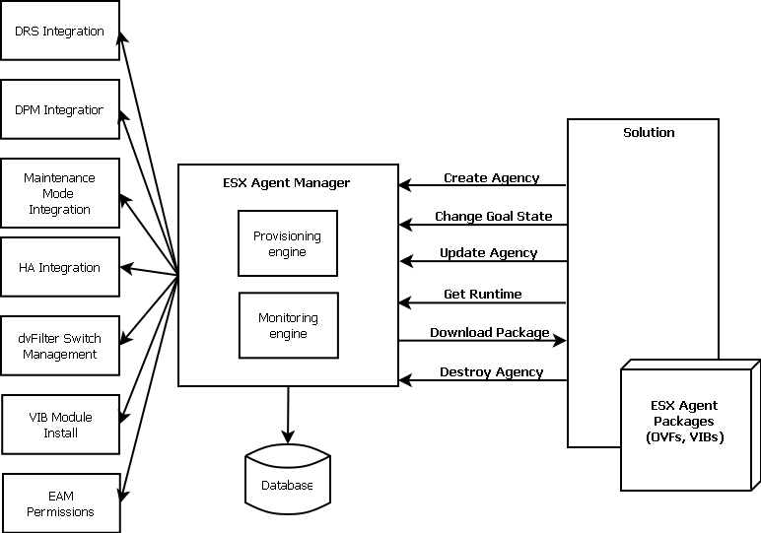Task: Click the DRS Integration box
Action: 60,32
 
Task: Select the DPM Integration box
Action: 60,109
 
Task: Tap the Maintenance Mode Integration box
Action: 60,193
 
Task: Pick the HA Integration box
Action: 60,267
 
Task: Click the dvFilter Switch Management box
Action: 60,346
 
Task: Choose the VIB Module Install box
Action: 60,425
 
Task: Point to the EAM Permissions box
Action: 61,503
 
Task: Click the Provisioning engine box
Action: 288,243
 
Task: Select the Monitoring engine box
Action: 288,326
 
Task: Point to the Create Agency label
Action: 491,178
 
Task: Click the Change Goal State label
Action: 493,216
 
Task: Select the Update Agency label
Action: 488,253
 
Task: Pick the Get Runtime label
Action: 483,294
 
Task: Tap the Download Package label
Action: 489,333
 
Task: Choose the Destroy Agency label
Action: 491,372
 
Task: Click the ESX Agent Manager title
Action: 287,183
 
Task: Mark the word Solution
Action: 649,132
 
